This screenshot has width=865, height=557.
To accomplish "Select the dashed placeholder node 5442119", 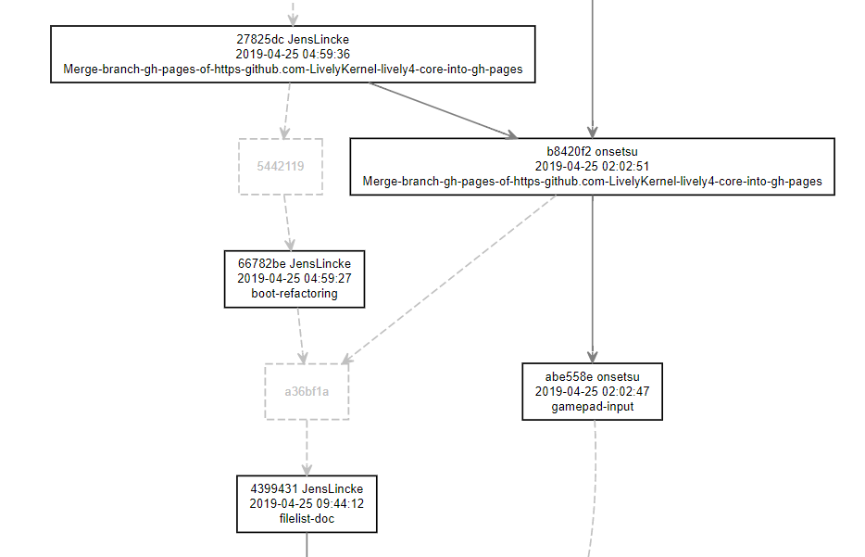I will point(281,167).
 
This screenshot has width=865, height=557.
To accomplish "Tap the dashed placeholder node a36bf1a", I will point(307,391).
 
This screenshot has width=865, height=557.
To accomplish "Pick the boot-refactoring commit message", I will point(295,294).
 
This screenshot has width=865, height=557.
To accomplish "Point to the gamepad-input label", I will point(593,407).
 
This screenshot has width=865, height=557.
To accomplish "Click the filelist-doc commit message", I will point(307,519).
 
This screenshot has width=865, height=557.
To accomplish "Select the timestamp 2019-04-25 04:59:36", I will point(293,54).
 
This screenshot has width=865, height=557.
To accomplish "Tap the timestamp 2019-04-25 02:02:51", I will point(592,166).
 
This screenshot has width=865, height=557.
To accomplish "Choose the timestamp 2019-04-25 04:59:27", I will point(295,279).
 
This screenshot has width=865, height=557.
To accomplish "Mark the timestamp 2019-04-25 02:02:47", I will point(593,391).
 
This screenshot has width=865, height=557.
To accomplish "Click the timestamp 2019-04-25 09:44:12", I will point(307,504).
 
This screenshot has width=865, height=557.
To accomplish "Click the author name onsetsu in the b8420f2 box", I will point(612,151).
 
